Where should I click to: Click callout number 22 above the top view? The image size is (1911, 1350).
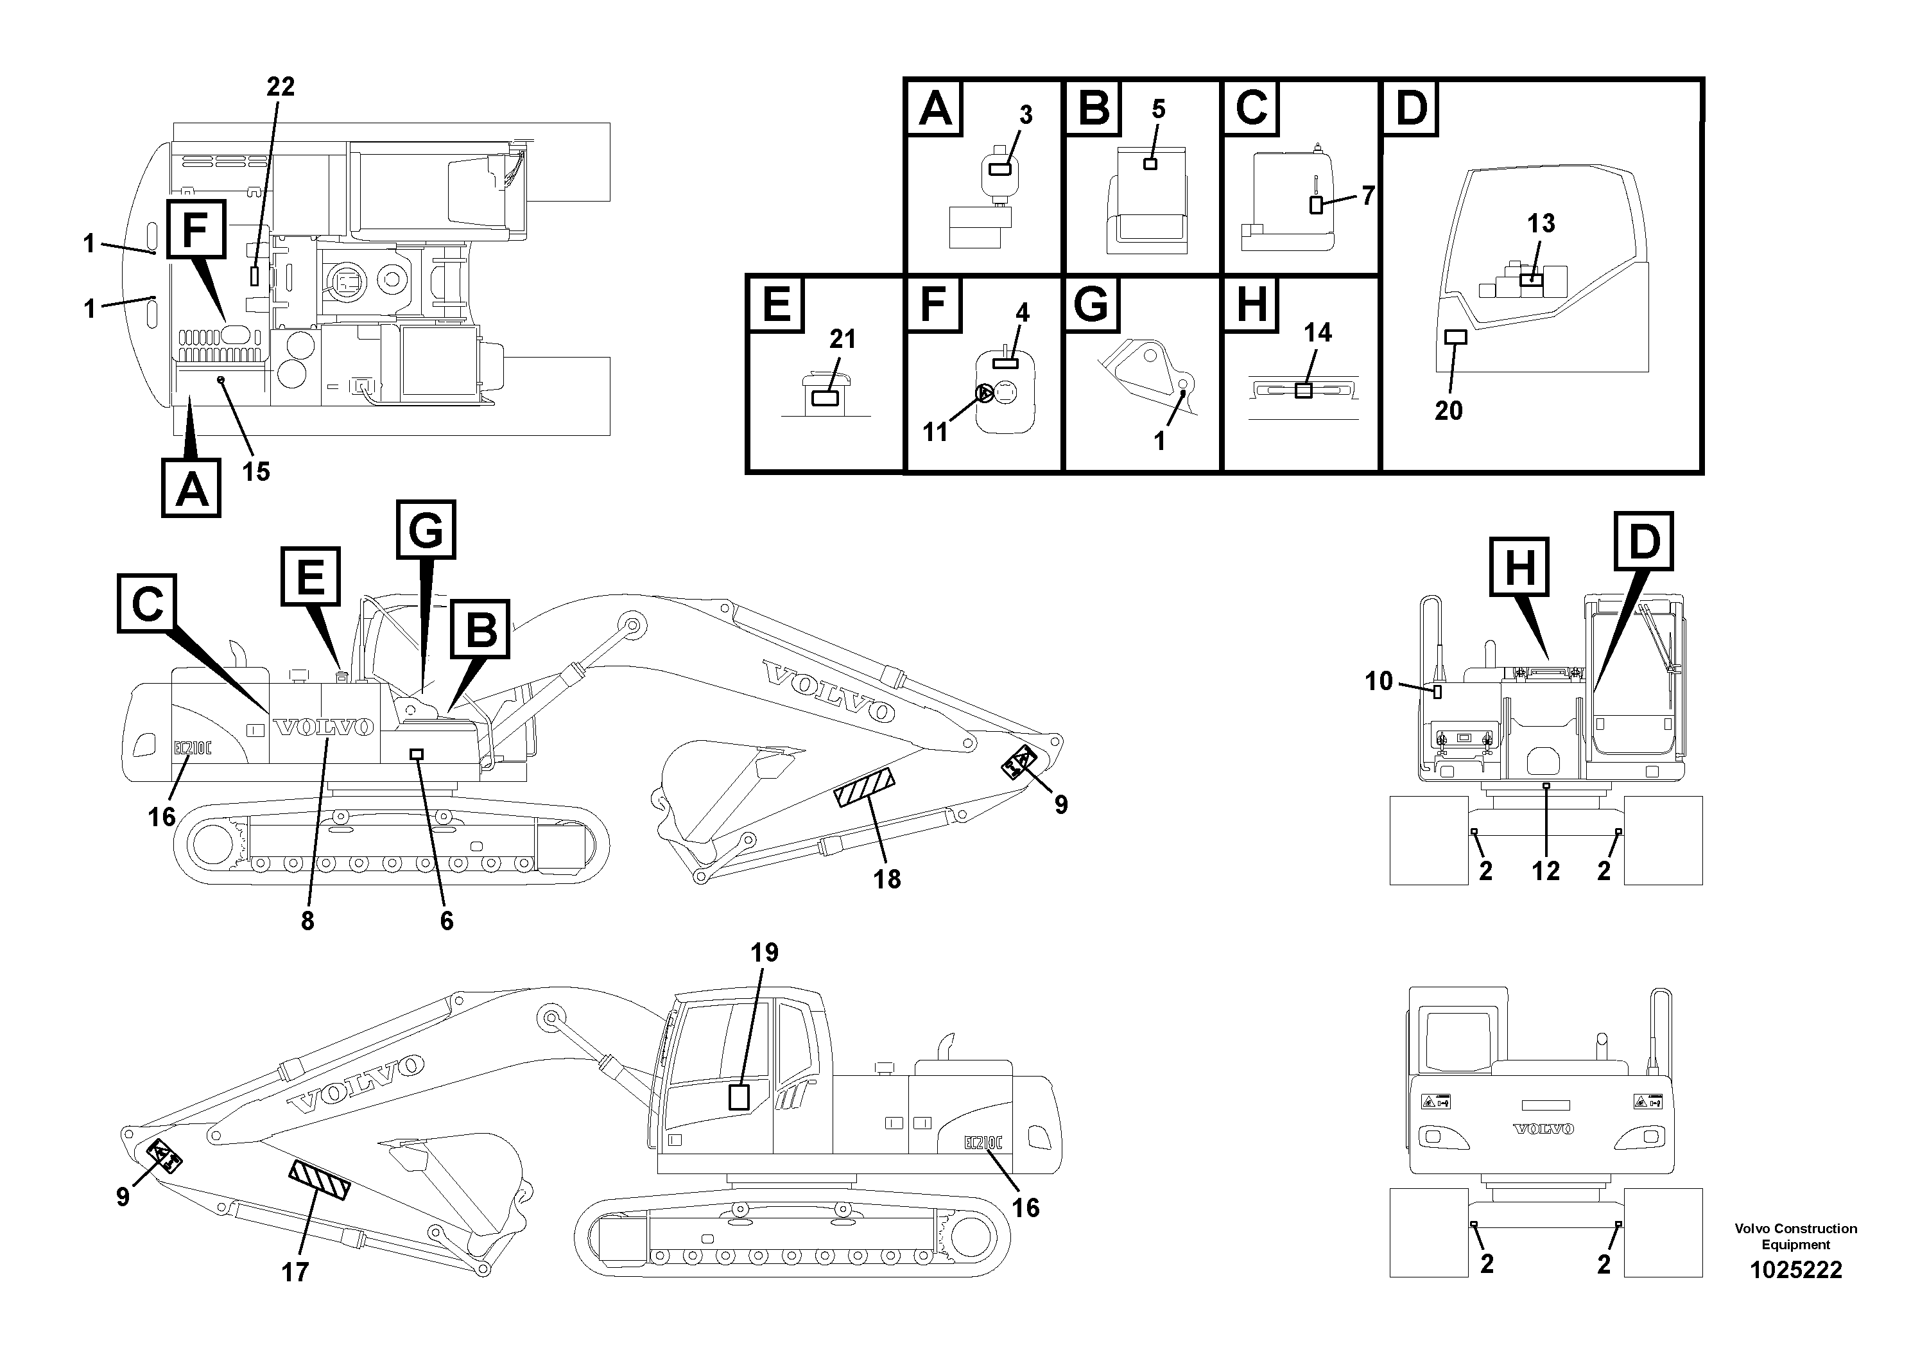(x=281, y=87)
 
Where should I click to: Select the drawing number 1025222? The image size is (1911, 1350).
(x=1795, y=1270)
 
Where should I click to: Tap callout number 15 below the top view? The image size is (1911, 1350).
(x=256, y=472)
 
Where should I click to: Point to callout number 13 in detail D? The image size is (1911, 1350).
(x=1541, y=223)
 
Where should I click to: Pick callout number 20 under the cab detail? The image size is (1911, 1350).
(x=1448, y=410)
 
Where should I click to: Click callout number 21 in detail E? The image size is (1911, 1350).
(x=842, y=340)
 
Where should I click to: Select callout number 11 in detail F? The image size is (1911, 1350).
(x=935, y=432)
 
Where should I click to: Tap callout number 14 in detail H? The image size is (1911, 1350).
(x=1318, y=333)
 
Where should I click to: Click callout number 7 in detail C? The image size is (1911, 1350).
(x=1367, y=196)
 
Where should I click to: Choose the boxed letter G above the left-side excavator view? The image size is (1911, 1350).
(x=426, y=530)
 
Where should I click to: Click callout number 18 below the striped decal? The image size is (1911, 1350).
(x=887, y=879)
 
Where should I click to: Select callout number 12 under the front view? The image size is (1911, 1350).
(x=1546, y=870)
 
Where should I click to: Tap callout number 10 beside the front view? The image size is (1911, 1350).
(x=1378, y=681)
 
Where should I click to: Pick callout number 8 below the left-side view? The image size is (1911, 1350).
(x=308, y=921)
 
